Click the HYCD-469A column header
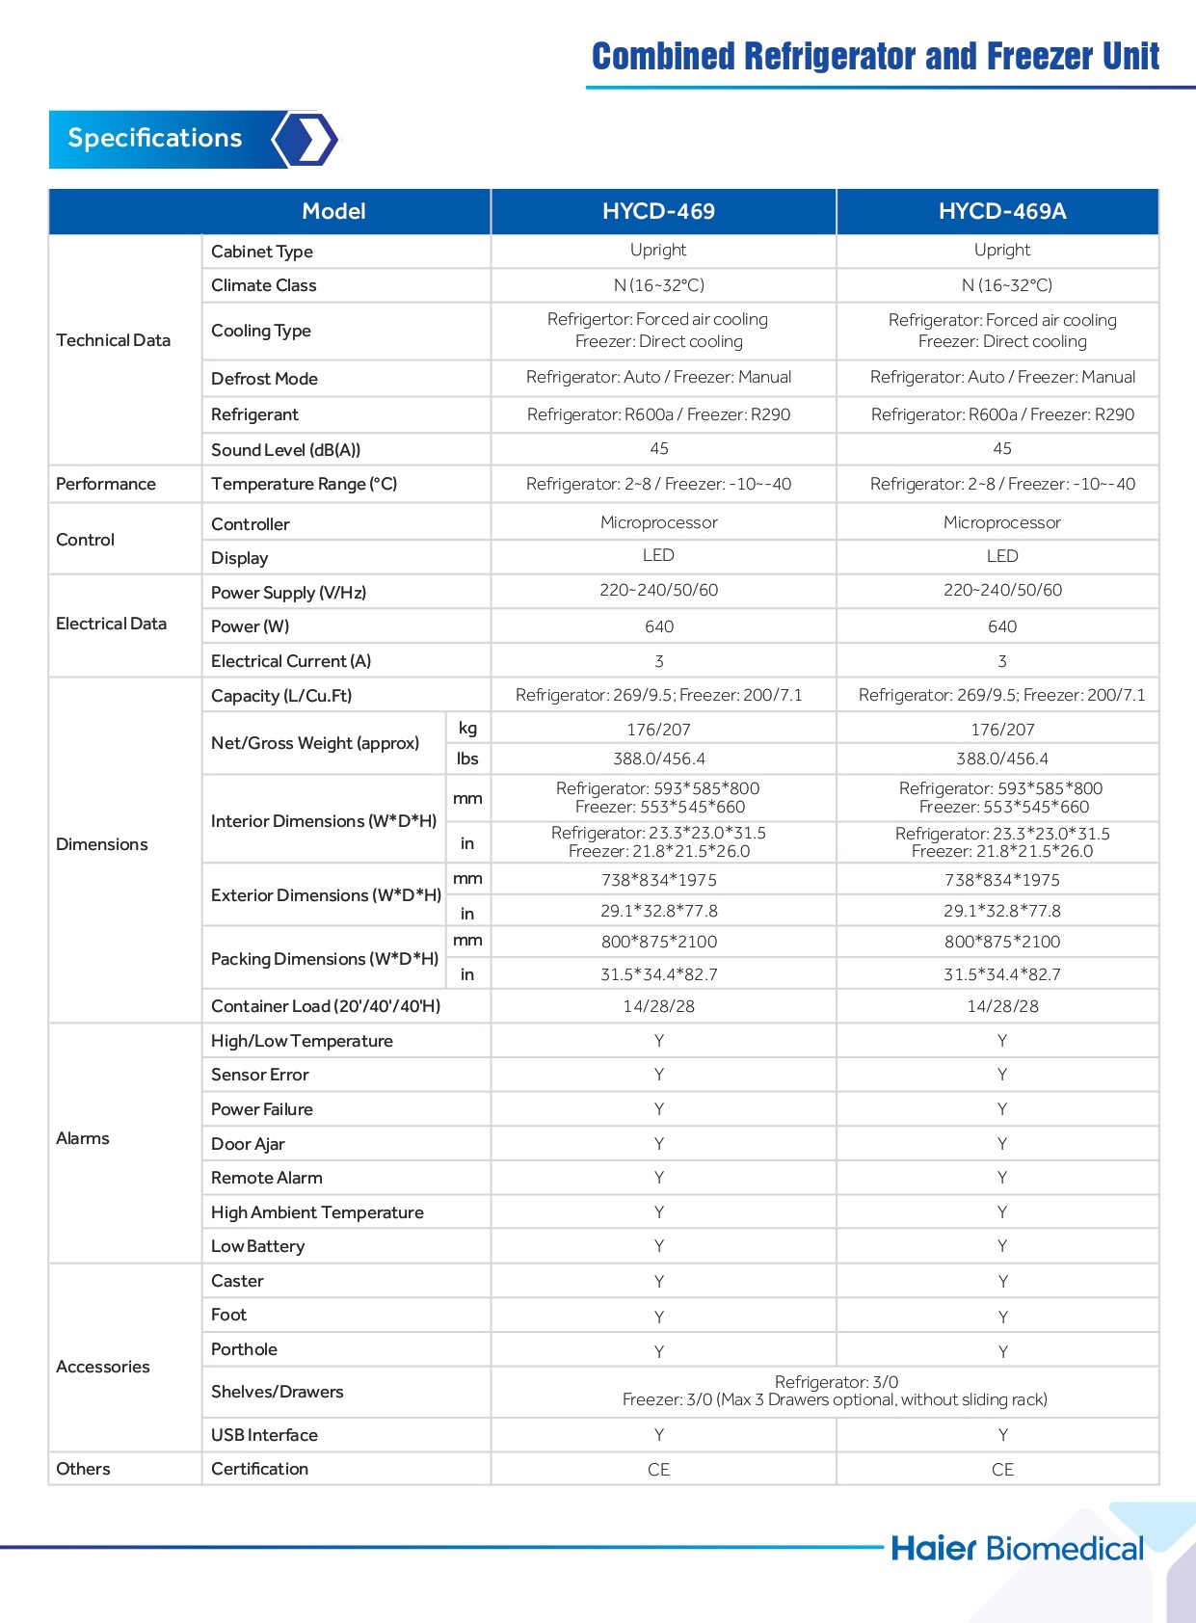pos(1001,211)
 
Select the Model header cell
pos(333,211)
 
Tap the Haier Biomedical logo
pos(1017,1548)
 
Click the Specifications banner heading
pos(155,138)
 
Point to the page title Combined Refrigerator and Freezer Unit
pos(875,57)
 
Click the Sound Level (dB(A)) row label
pos(285,450)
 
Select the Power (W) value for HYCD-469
pos(659,626)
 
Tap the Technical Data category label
pos(114,340)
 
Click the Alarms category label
pos(83,1138)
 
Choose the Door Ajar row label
pos(248,1144)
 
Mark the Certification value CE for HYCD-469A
pos(1002,1470)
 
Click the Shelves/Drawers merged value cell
pos(835,1391)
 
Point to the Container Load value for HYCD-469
pos(658,1006)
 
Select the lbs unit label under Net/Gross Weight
pos(467,758)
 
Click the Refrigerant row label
pos(254,414)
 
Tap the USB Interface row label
pos(264,1435)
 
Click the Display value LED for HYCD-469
pos(658,555)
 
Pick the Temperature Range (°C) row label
pos(304,484)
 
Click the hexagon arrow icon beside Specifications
pos(306,140)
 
